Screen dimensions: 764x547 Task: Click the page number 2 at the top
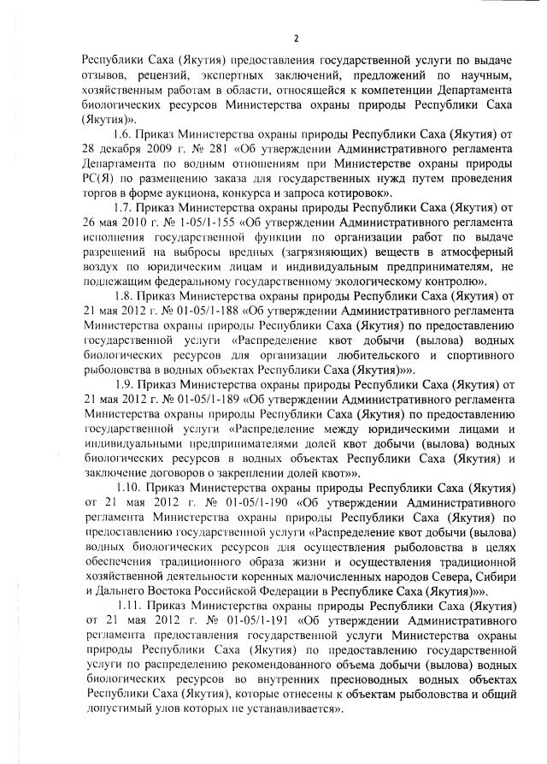coord(296,38)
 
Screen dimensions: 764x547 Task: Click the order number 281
coord(198,149)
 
